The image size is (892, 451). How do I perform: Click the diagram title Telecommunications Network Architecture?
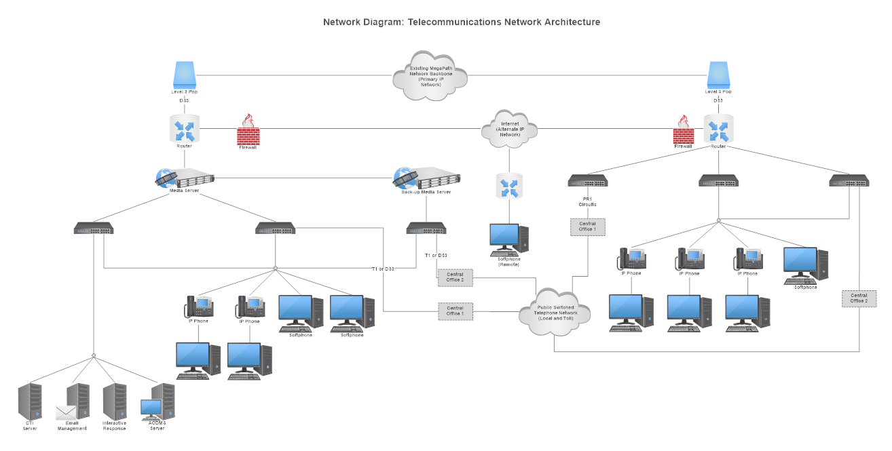click(462, 22)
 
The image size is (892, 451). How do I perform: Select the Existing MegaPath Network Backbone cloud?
click(430, 75)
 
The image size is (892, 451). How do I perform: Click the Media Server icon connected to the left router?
click(185, 178)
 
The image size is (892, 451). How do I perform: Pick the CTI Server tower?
click(30, 401)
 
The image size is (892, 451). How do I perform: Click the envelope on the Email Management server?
click(67, 412)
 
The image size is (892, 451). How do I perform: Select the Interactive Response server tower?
click(114, 401)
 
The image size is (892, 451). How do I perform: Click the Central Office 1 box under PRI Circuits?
click(587, 227)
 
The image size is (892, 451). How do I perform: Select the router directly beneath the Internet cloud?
click(509, 186)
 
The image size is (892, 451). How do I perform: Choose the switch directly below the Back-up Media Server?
click(426, 229)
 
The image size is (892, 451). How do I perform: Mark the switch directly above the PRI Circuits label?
click(587, 180)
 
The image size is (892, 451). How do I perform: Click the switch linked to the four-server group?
click(94, 229)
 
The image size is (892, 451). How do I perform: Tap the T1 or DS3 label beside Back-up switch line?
click(435, 256)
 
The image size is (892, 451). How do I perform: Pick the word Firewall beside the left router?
click(248, 146)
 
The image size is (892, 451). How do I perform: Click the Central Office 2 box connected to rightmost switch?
click(859, 298)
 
